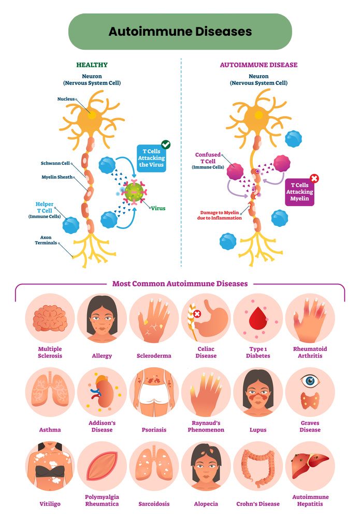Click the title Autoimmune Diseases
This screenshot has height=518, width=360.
[x=180, y=32]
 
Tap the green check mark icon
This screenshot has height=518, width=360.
[x=166, y=145]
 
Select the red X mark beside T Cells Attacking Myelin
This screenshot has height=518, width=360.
[x=314, y=179]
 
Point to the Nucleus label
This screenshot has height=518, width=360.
[x=66, y=99]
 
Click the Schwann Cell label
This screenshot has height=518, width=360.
[x=55, y=164]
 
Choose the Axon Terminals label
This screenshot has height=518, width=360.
[x=46, y=240]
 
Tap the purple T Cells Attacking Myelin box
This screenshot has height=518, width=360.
[x=299, y=192]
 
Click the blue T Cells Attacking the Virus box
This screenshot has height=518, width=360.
[x=151, y=157]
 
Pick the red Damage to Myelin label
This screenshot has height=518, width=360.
[x=222, y=215]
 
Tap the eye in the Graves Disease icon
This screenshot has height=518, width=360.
[x=310, y=381]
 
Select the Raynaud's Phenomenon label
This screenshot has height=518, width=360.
[x=206, y=426]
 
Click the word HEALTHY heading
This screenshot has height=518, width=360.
[x=92, y=65]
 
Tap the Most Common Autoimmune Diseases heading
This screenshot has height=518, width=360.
[x=180, y=284]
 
